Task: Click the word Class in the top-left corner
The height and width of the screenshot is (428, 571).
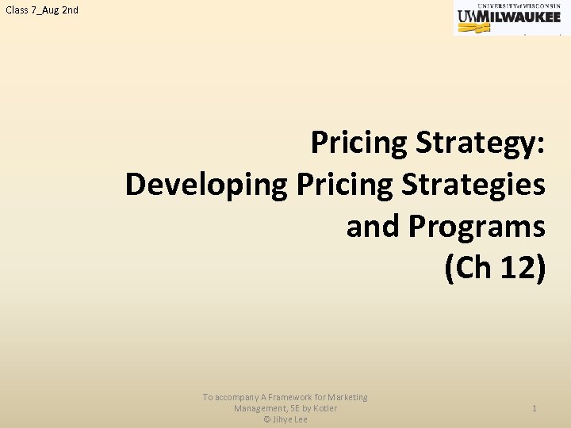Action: pos(17,10)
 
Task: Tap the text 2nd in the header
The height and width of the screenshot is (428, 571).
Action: pos(70,10)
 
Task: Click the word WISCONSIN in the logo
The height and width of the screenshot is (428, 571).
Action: pos(538,5)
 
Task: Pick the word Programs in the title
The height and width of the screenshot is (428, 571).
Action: pos(477,227)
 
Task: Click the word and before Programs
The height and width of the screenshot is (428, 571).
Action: pos(374,227)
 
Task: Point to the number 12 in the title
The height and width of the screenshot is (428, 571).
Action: pos(522,269)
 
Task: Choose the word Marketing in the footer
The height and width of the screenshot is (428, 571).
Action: pos(347,397)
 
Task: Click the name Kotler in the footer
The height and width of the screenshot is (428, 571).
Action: pos(324,408)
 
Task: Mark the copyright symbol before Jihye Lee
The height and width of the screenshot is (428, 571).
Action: pos(267,419)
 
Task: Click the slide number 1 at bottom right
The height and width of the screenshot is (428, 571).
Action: pos(535,408)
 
